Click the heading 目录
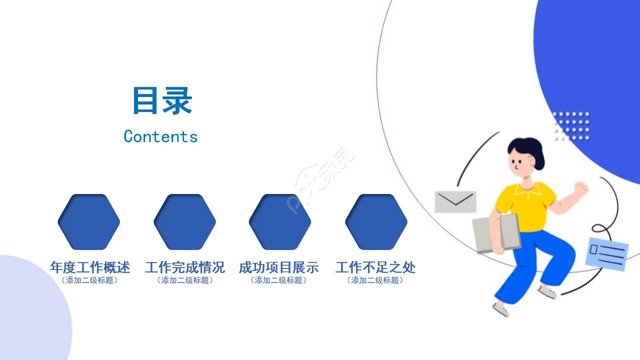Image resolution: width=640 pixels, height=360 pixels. [162, 101]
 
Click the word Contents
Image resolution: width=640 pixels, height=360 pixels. [160, 136]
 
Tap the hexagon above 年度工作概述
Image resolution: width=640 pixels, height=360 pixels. [89, 221]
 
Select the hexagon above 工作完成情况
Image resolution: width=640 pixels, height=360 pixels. [184, 221]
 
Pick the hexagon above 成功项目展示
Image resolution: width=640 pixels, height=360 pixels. [280, 221]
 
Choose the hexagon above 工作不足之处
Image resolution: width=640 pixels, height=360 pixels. [376, 221]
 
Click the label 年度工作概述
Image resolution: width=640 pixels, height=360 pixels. [90, 267]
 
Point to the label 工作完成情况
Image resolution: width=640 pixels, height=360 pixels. [185, 267]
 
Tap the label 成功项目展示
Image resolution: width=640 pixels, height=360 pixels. [278, 267]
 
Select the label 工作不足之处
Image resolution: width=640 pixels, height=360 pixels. [375, 267]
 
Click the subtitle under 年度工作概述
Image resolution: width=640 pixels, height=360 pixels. [90, 280]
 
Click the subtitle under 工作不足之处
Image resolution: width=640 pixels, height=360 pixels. [375, 280]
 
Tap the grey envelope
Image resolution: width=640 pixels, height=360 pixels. [455, 201]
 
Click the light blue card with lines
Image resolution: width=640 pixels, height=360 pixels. [606, 253]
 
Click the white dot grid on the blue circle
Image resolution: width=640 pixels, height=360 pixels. [571, 125]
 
